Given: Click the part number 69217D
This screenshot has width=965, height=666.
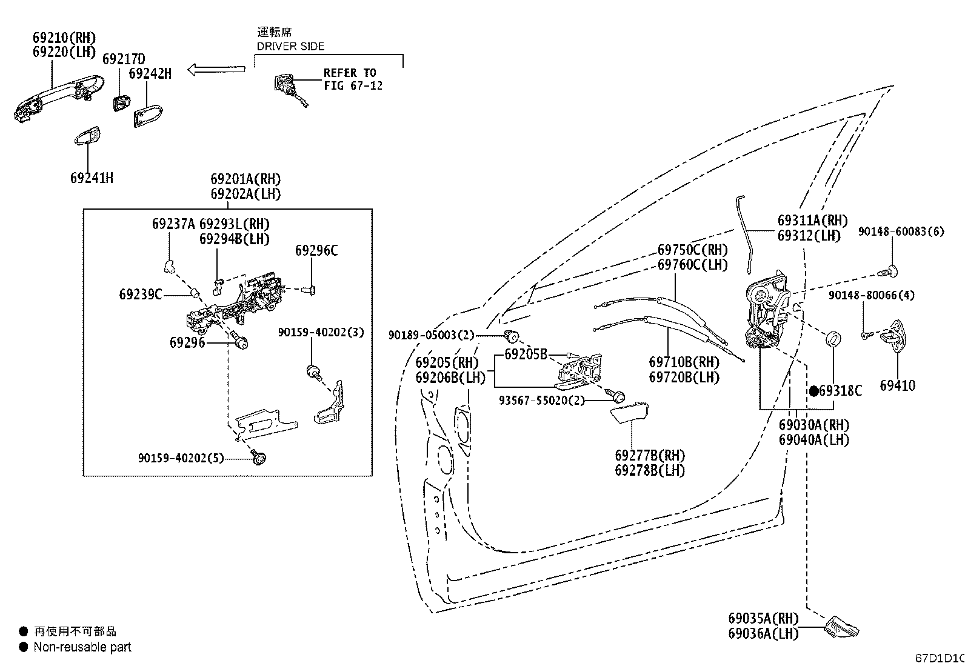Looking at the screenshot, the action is [124, 59].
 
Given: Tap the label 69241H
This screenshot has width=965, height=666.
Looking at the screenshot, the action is [92, 178].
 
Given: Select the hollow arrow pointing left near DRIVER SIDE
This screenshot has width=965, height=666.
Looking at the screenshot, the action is [216, 69].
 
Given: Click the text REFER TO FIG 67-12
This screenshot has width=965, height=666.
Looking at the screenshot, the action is [353, 79].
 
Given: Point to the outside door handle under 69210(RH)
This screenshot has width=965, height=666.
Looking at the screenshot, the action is [58, 99].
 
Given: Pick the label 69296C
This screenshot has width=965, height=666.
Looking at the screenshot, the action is [316, 250].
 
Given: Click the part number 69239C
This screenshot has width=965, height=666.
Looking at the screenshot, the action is [141, 295].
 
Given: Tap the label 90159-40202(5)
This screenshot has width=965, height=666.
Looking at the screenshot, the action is [181, 458].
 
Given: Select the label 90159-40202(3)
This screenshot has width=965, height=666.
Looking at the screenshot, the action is [321, 332].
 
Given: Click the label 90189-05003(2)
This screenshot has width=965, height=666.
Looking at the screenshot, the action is [431, 335].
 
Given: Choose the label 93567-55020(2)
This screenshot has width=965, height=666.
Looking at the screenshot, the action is [542, 401].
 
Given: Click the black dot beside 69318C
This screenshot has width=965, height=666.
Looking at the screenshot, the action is [814, 391].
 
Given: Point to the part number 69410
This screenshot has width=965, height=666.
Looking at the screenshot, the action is [897, 385].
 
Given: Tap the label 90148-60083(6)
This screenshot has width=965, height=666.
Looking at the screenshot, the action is [901, 231].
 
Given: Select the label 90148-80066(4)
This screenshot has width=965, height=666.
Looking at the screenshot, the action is [872, 295].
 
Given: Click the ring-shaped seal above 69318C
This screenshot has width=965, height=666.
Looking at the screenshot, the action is [833, 338].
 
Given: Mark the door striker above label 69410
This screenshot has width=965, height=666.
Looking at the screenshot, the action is [893, 336].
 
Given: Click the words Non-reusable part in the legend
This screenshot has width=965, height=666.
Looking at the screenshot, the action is [82, 647].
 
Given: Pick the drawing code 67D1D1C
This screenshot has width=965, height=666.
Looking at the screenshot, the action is [940, 658].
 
